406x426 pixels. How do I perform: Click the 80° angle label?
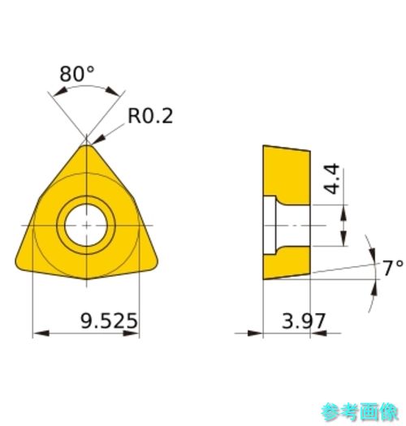[77, 74]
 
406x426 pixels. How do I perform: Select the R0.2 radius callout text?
[150, 116]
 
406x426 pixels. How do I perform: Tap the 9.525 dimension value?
[109, 321]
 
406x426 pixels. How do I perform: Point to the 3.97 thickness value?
[304, 321]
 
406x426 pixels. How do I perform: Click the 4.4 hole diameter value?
[332, 179]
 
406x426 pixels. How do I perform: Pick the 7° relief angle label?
[393, 268]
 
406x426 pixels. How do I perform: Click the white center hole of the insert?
[86, 226]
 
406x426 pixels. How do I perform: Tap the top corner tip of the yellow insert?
[86, 145]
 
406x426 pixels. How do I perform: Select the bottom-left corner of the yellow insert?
[17, 265]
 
